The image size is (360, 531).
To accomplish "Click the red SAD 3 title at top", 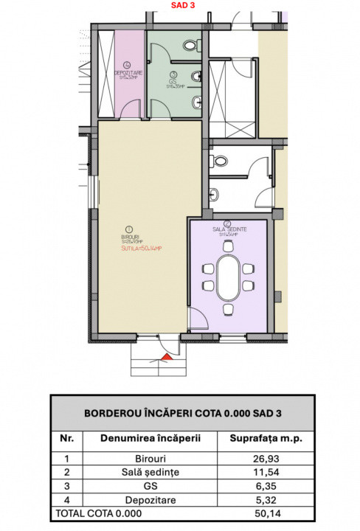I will tap(179, 5).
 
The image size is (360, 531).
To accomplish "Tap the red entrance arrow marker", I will tap(166, 357).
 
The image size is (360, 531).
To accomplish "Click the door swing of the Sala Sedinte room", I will tap(197, 318).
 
